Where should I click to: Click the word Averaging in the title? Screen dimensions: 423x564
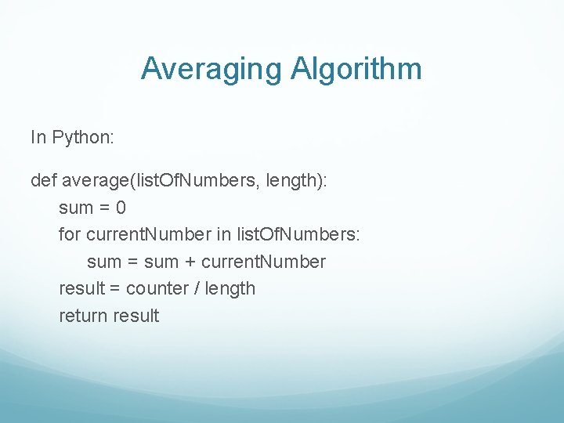[212, 70]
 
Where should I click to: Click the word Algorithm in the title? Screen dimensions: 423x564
[356, 70]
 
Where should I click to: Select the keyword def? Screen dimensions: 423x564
[43, 181]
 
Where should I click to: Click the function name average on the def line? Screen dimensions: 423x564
[97, 181]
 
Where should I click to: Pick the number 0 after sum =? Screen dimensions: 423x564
[121, 208]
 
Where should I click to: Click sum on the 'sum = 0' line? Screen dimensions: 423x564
[75, 208]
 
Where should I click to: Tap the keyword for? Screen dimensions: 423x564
[70, 235]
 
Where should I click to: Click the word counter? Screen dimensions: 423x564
[157, 288]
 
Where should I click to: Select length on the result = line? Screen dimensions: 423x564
[231, 288]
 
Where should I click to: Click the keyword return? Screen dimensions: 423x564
[84, 316]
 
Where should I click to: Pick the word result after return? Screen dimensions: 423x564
[136, 316]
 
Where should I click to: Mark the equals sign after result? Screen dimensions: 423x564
[114, 288]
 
